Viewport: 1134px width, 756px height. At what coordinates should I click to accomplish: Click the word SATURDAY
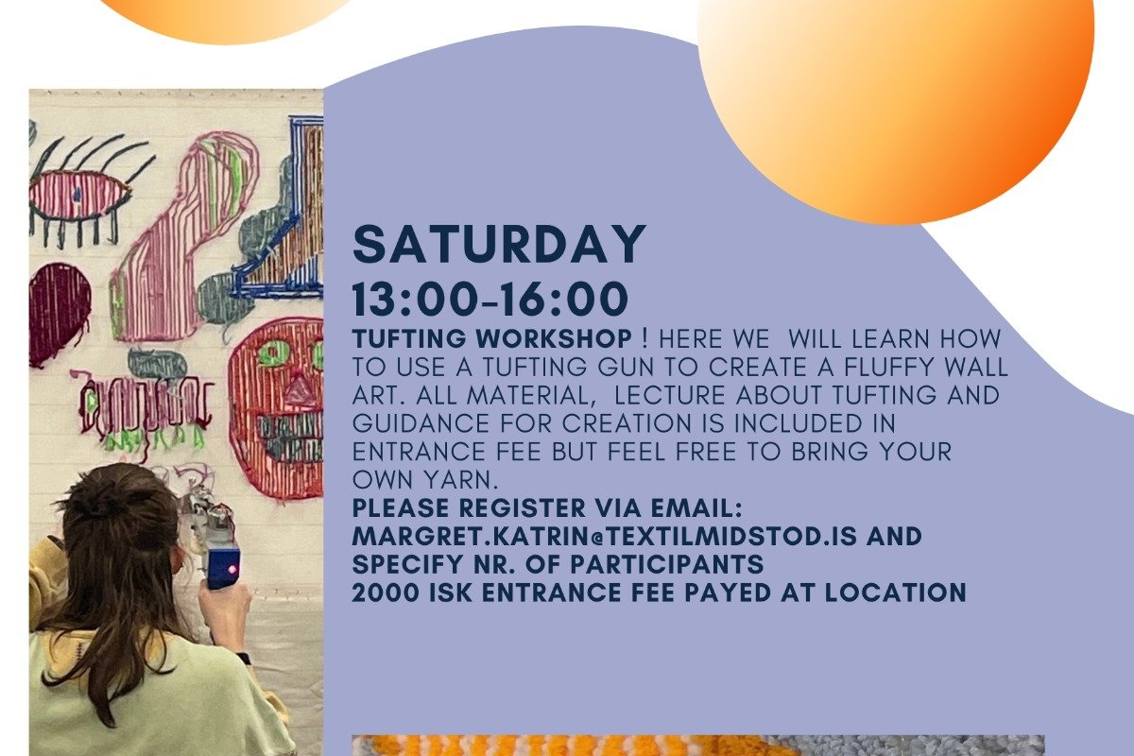point(499,246)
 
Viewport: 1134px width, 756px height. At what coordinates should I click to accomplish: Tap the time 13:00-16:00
point(490,299)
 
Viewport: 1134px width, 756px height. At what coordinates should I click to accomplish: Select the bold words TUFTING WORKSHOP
point(492,338)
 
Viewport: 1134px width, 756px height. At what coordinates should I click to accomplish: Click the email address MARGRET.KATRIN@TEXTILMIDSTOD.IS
point(605,537)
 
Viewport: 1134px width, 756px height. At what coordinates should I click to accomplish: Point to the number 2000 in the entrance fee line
point(386,593)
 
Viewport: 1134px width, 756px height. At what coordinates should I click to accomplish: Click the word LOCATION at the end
point(896,593)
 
